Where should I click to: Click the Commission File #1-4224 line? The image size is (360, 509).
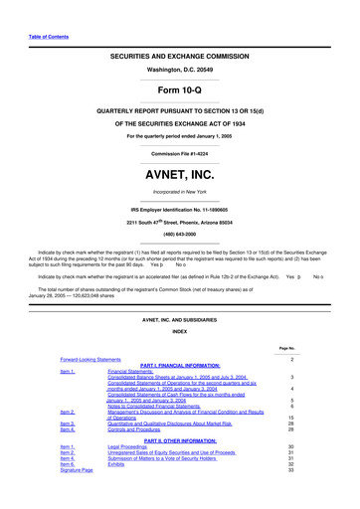click(180, 153)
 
